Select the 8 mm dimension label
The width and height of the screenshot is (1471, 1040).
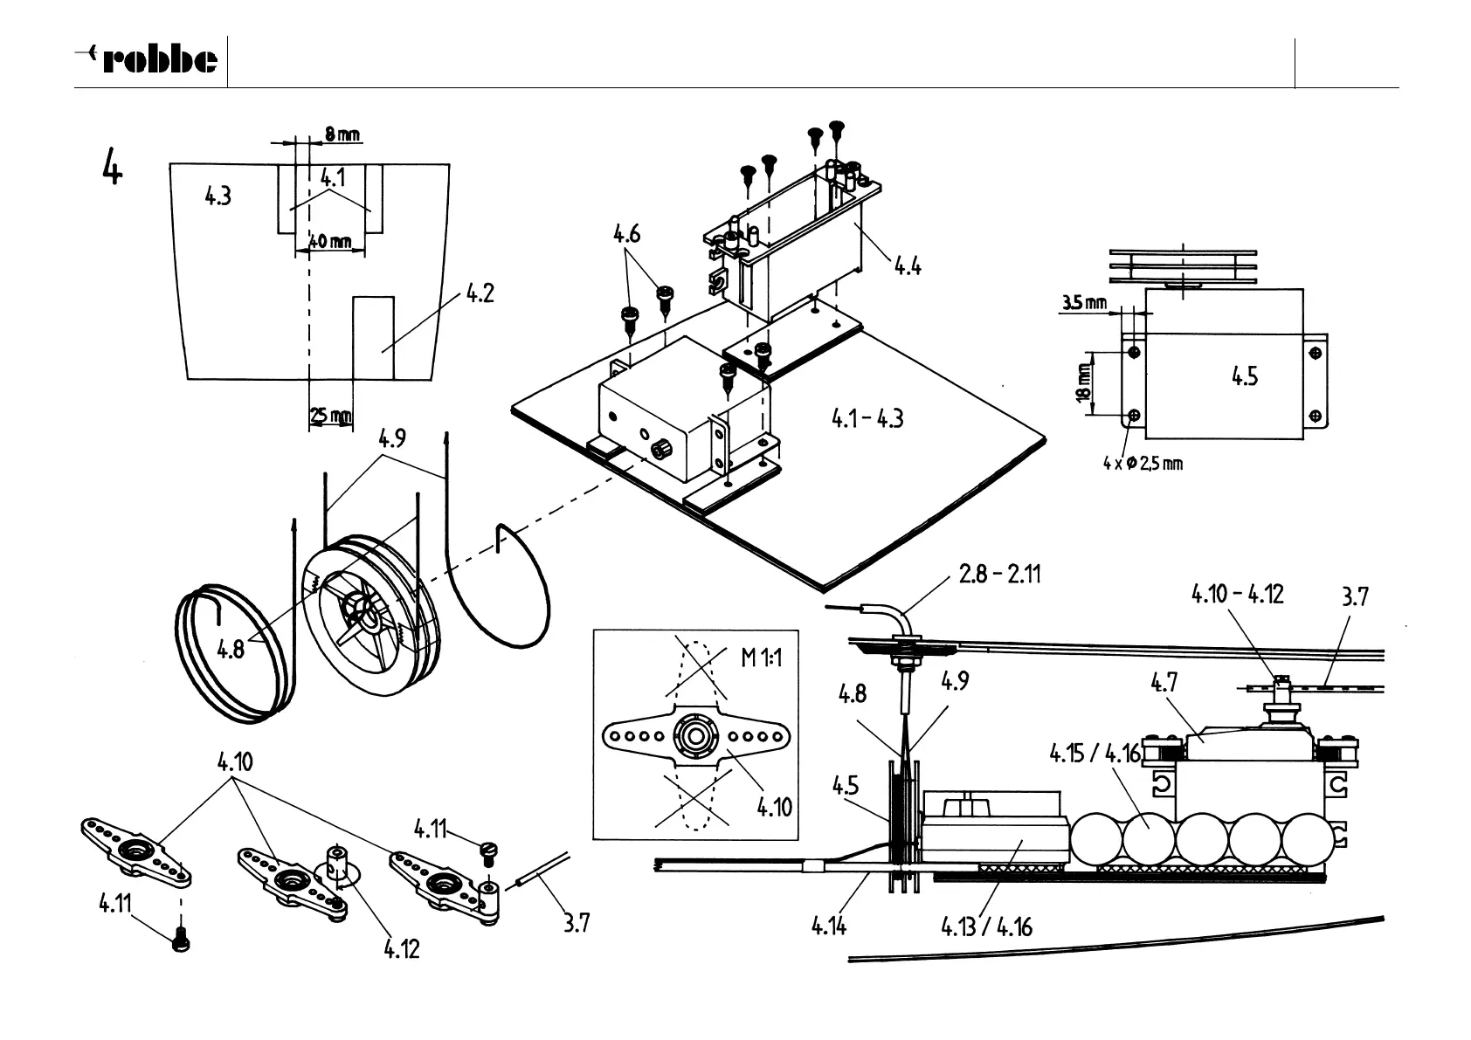click(342, 134)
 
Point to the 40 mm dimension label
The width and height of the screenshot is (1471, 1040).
click(330, 240)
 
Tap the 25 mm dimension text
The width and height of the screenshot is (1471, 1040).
click(331, 416)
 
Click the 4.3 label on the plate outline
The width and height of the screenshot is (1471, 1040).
click(218, 196)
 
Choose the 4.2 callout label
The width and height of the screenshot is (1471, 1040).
click(480, 293)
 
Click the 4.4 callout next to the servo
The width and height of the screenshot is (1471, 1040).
click(908, 265)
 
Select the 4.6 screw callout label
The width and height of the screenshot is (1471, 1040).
click(626, 234)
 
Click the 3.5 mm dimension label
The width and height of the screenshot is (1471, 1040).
click(1084, 303)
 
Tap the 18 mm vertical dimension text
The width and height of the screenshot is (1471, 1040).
click(1084, 383)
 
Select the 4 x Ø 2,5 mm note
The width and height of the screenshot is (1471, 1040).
click(1143, 463)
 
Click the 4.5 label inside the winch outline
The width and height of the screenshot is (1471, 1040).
click(1245, 376)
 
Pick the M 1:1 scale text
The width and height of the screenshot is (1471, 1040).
click(762, 657)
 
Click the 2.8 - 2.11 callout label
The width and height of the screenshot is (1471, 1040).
click(999, 575)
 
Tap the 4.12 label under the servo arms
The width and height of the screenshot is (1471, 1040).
click(402, 948)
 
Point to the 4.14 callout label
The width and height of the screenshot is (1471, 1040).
click(828, 926)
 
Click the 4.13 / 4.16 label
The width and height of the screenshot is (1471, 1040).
click(986, 926)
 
